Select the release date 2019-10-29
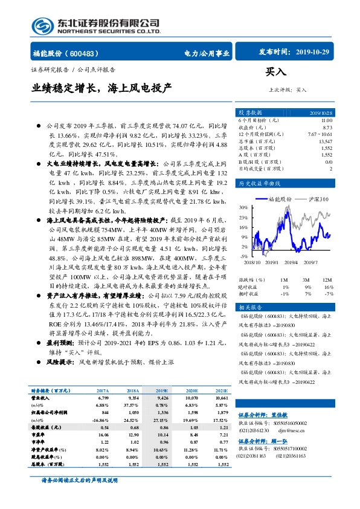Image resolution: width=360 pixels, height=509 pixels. (313, 53)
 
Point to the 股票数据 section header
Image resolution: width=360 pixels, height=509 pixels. (250, 113)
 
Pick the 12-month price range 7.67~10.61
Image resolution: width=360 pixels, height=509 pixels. (320, 134)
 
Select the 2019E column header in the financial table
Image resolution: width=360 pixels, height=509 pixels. (162, 391)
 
